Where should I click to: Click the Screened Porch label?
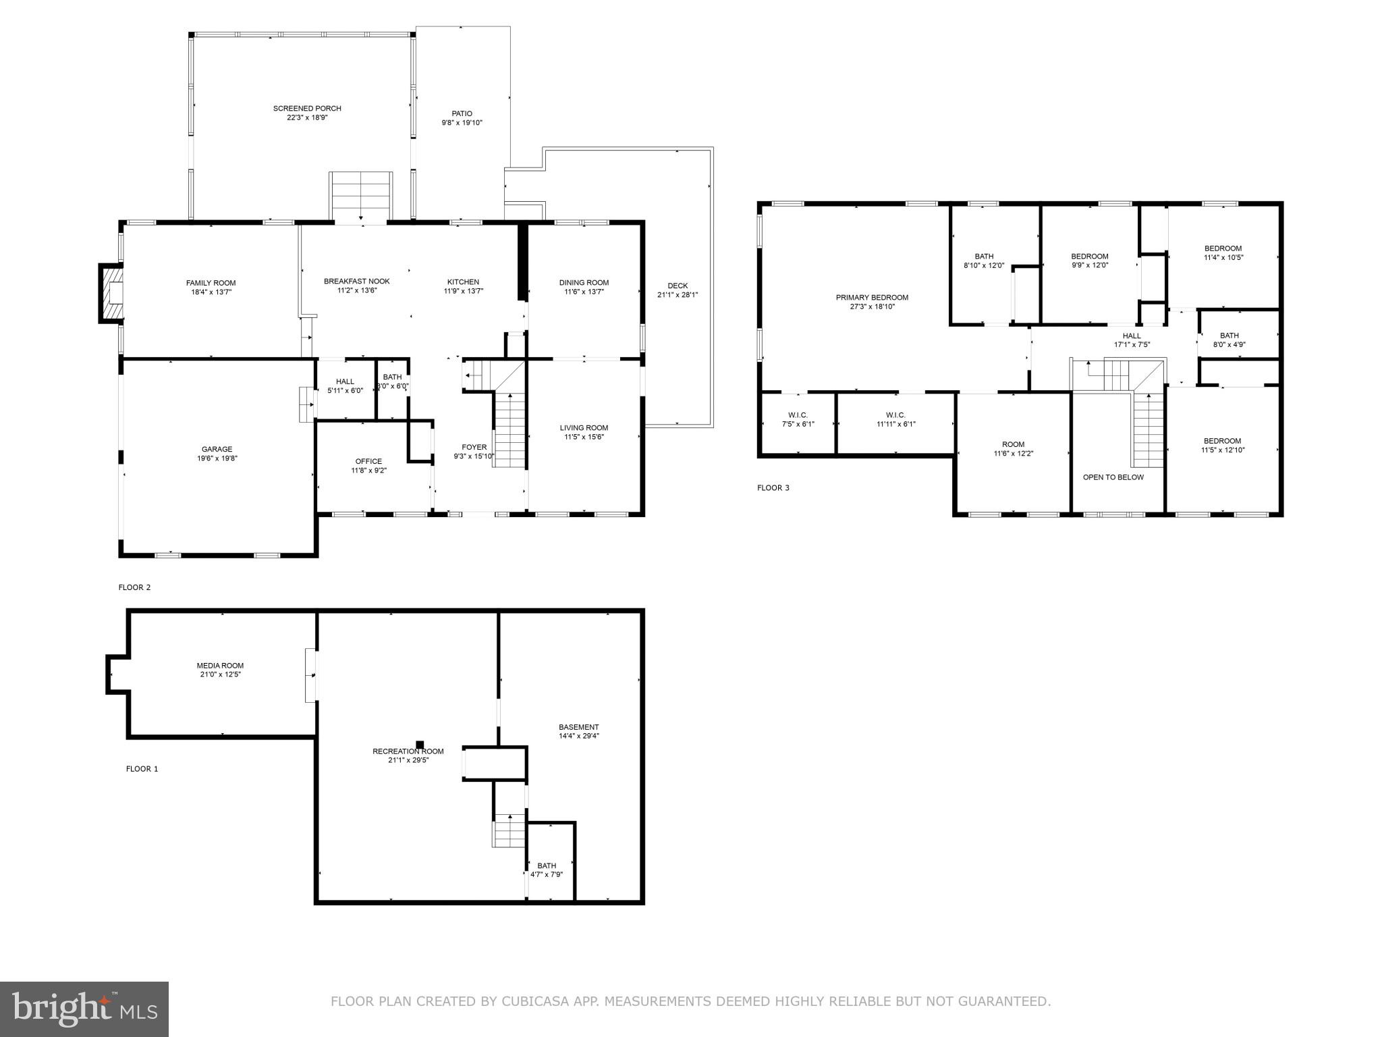[307, 108]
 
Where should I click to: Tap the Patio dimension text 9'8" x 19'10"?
[462, 123]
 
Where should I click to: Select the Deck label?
[678, 286]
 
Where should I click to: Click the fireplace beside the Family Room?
[112, 294]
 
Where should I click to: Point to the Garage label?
[217, 449]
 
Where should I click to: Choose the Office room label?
[368, 461]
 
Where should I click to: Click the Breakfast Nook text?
[356, 282]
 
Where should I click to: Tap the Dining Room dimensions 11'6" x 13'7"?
[584, 292]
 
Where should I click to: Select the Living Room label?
[584, 427]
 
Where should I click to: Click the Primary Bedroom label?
[872, 297]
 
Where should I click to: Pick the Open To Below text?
[1113, 477]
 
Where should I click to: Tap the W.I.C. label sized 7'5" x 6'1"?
[798, 415]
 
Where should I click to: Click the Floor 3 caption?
[773, 487]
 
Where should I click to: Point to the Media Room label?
[220, 665]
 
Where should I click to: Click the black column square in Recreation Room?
[420, 744]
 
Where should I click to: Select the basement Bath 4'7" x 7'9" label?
[547, 866]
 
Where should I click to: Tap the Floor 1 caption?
[142, 768]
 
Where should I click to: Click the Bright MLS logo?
[84, 1009]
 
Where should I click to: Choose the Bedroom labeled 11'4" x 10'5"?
[1223, 248]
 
